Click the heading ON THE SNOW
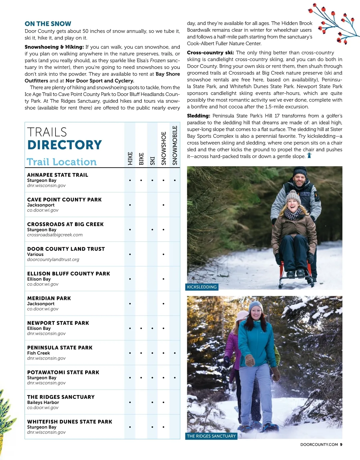(x=48, y=24)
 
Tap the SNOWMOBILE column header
(x=175, y=145)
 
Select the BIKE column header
(x=141, y=159)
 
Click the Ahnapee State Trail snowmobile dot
(x=175, y=180)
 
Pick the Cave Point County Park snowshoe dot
(x=163, y=205)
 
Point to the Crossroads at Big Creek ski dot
(x=152, y=230)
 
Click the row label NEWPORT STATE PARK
(x=58, y=323)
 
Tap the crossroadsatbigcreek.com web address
(x=55, y=235)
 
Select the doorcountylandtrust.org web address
(x=53, y=260)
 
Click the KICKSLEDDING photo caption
(x=202, y=287)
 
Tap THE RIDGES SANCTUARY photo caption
(x=211, y=436)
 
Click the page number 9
(x=341, y=445)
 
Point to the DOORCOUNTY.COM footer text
(x=319, y=445)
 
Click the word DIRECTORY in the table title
(x=64, y=145)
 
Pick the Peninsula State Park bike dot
(x=141, y=353)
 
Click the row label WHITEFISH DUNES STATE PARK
(x=70, y=422)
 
